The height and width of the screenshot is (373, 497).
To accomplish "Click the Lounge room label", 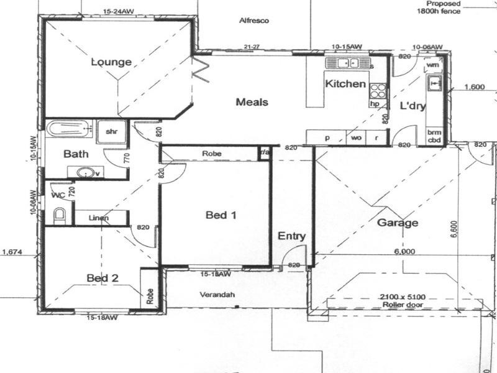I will pyautogui.click(x=111, y=62).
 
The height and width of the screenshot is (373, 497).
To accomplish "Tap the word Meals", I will pyautogui.click(x=252, y=102).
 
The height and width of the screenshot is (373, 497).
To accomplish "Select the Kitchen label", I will pyautogui.click(x=345, y=83).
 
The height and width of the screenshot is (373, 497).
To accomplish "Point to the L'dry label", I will pyautogui.click(x=413, y=106).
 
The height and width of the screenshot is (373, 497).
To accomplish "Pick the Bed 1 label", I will pyautogui.click(x=221, y=215).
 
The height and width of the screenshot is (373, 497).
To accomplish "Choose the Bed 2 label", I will pyautogui.click(x=103, y=278).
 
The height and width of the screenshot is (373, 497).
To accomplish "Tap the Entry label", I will pyautogui.click(x=291, y=236).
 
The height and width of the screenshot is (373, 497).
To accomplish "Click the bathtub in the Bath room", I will pyautogui.click(x=69, y=129).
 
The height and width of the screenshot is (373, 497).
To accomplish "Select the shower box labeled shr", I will pyautogui.click(x=112, y=131).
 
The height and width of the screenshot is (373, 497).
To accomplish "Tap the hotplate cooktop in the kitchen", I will pyautogui.click(x=377, y=91).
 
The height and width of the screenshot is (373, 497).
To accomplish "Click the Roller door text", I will pyautogui.click(x=404, y=305).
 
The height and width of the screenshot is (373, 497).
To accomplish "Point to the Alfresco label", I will pyautogui.click(x=253, y=21).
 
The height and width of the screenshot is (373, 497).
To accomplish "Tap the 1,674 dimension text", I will pyautogui.click(x=12, y=252).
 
